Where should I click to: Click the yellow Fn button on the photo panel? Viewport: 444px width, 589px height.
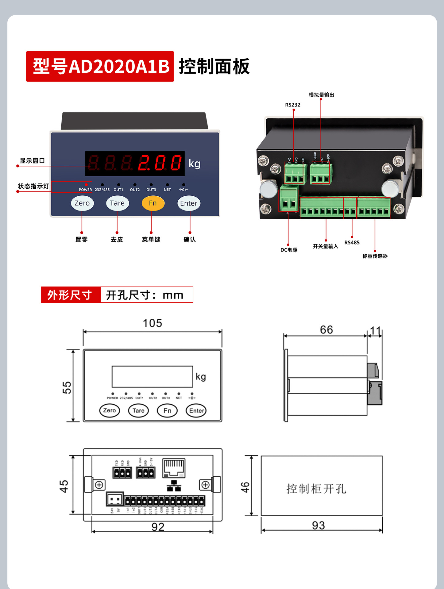pos(153,203)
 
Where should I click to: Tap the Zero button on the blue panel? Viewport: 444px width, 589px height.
pos(82,203)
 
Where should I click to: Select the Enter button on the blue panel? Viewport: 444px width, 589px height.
pos(189,203)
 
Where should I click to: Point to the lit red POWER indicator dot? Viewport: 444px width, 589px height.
pos(86,185)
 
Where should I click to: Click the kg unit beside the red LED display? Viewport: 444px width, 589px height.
pos(195,164)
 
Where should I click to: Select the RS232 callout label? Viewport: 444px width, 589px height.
pos(293,105)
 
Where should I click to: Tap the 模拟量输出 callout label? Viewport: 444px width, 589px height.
pos(321,95)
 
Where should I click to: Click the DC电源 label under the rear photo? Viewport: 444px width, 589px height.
pos(289,250)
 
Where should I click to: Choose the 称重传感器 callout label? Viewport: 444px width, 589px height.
pos(375,256)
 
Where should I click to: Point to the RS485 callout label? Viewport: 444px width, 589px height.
pos(352,243)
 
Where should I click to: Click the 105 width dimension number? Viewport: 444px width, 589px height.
pos(153,323)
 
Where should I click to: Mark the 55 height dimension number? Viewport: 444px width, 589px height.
pos(67,387)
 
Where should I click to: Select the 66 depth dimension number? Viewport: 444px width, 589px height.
pos(326,330)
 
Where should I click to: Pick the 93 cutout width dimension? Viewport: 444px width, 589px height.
pos(319,525)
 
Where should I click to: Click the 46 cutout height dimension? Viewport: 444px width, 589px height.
pos(245,487)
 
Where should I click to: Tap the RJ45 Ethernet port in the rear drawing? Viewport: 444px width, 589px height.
pos(174,468)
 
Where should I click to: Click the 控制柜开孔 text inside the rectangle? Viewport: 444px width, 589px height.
pos(316,489)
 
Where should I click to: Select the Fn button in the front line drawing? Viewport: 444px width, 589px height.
pos(167,410)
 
